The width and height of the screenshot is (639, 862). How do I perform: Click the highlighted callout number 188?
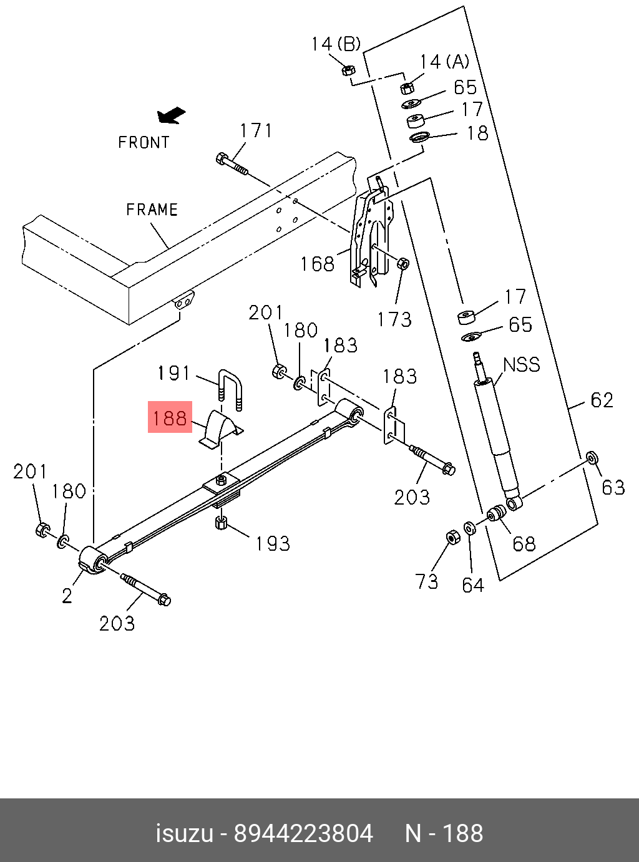(x=169, y=417)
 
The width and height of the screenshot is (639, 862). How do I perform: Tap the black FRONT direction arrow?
(x=172, y=115)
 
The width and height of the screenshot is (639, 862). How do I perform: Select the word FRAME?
(x=152, y=210)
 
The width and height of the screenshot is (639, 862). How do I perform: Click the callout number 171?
(x=256, y=130)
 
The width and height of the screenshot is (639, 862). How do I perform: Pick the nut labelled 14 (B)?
(x=349, y=69)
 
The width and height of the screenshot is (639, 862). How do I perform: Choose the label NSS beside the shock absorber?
(x=522, y=364)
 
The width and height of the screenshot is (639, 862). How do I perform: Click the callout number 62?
(x=602, y=400)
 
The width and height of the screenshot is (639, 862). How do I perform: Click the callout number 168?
(x=317, y=264)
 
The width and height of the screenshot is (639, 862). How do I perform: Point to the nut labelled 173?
(x=403, y=263)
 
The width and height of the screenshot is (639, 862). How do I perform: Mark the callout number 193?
(x=273, y=543)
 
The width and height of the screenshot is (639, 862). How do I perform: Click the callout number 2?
(x=67, y=596)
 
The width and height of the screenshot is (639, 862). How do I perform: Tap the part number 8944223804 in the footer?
(x=303, y=833)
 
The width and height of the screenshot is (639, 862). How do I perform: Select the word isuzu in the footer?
(x=184, y=833)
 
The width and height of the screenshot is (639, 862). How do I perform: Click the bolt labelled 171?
(x=232, y=163)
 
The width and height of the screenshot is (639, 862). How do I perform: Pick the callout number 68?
(x=524, y=544)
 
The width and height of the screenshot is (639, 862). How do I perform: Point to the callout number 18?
(x=478, y=133)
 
